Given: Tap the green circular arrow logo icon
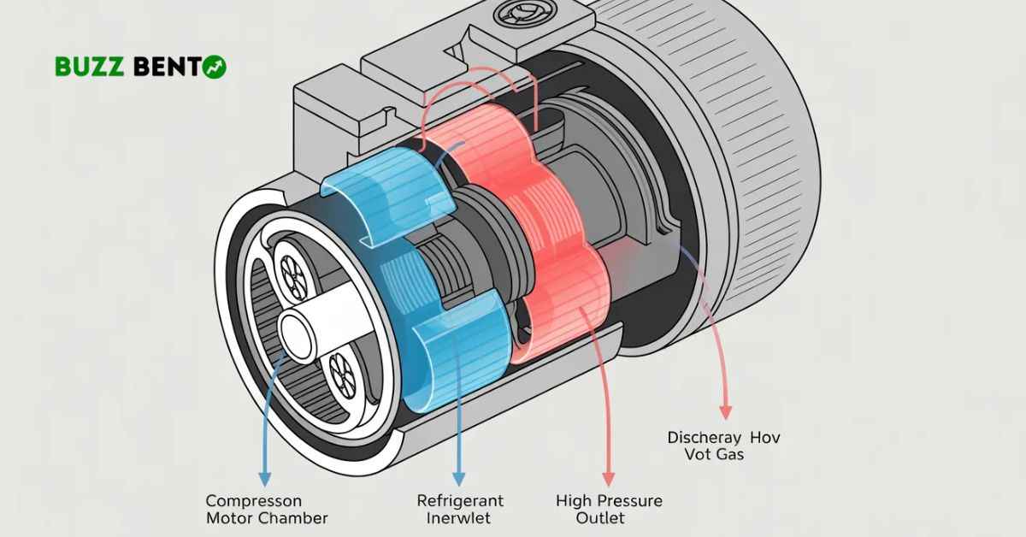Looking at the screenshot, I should (x=215, y=68).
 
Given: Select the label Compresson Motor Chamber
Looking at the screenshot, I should (x=267, y=509).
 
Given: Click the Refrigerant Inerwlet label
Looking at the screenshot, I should (x=460, y=509).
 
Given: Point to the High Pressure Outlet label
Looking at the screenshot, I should (x=609, y=509).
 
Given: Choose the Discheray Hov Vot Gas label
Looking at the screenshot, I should (x=723, y=446).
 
